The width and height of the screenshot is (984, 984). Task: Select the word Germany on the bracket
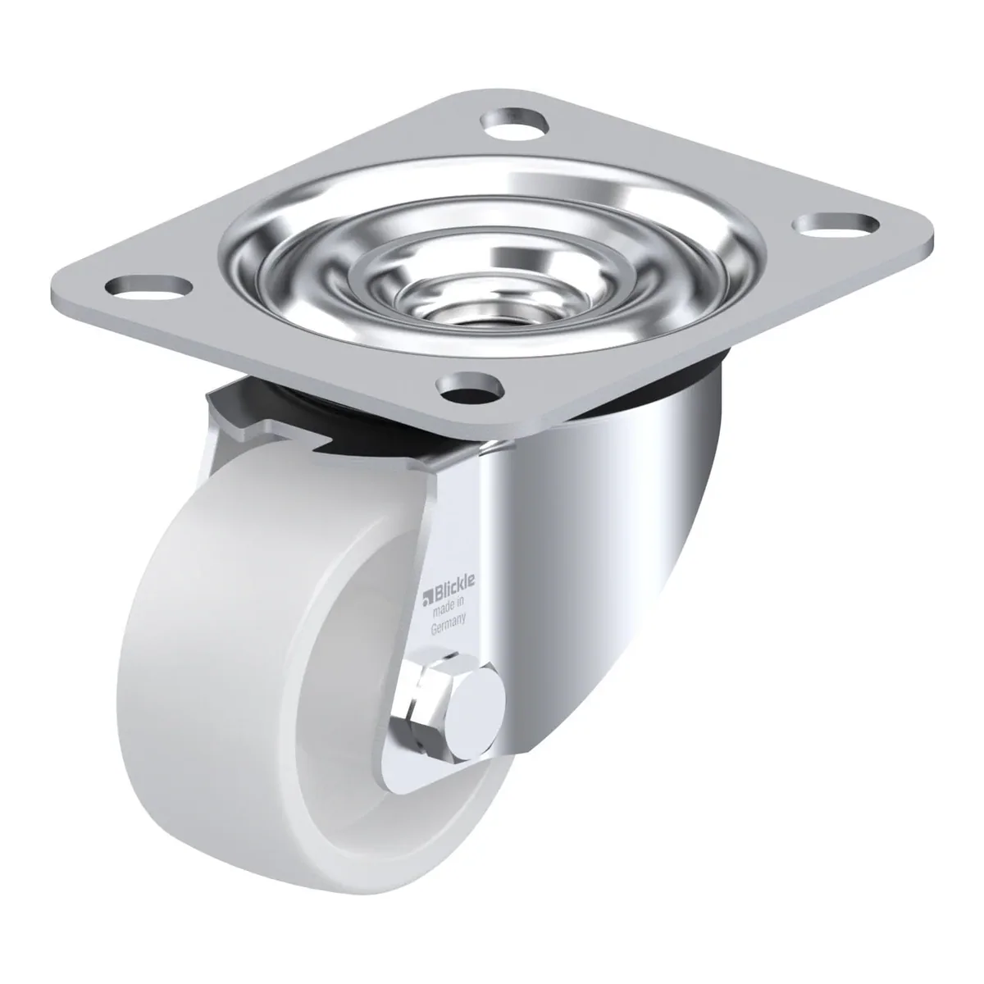(x=448, y=627)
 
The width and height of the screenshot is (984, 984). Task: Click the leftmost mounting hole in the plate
(x=148, y=287)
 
